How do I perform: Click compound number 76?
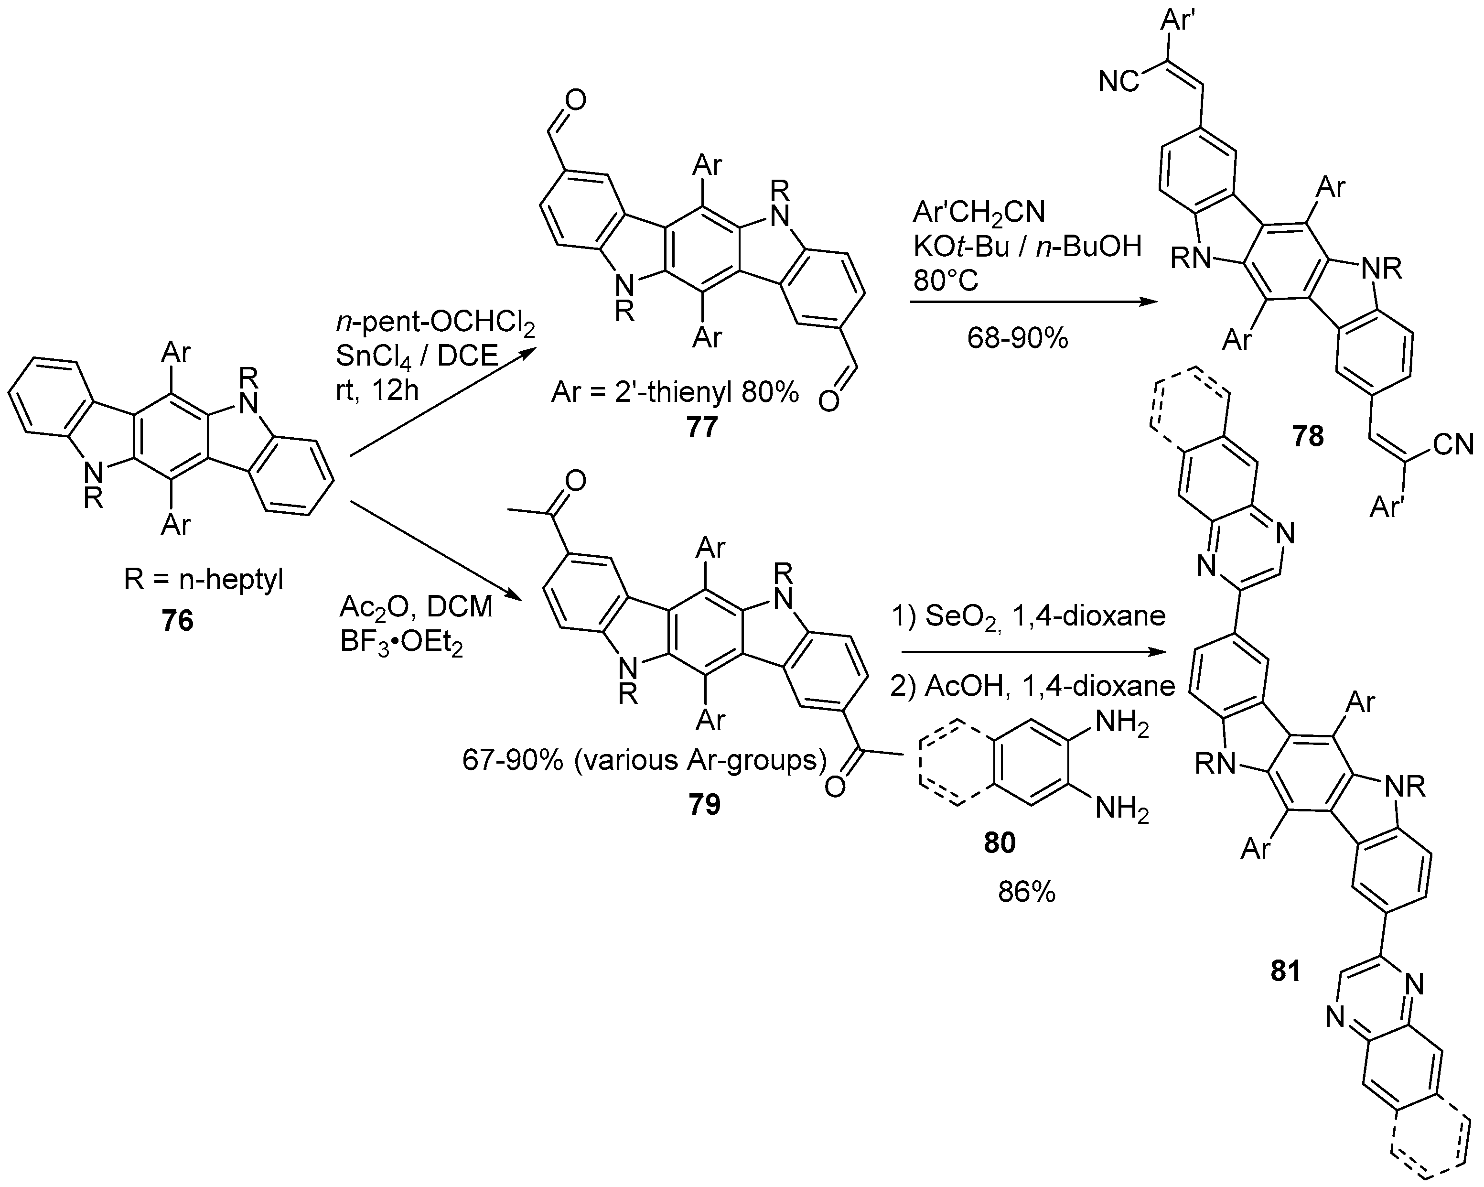(178, 621)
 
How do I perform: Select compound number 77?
(701, 428)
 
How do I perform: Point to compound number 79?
(703, 804)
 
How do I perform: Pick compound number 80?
(1000, 842)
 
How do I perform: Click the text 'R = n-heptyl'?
(204, 581)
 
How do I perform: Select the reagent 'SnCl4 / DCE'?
(417, 356)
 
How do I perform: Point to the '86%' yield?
(1026, 892)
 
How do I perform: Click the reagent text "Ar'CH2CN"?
(979, 213)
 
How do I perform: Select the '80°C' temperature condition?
(946, 281)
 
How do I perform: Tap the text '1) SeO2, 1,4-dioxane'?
(1028, 616)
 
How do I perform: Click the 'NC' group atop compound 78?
(1118, 82)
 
